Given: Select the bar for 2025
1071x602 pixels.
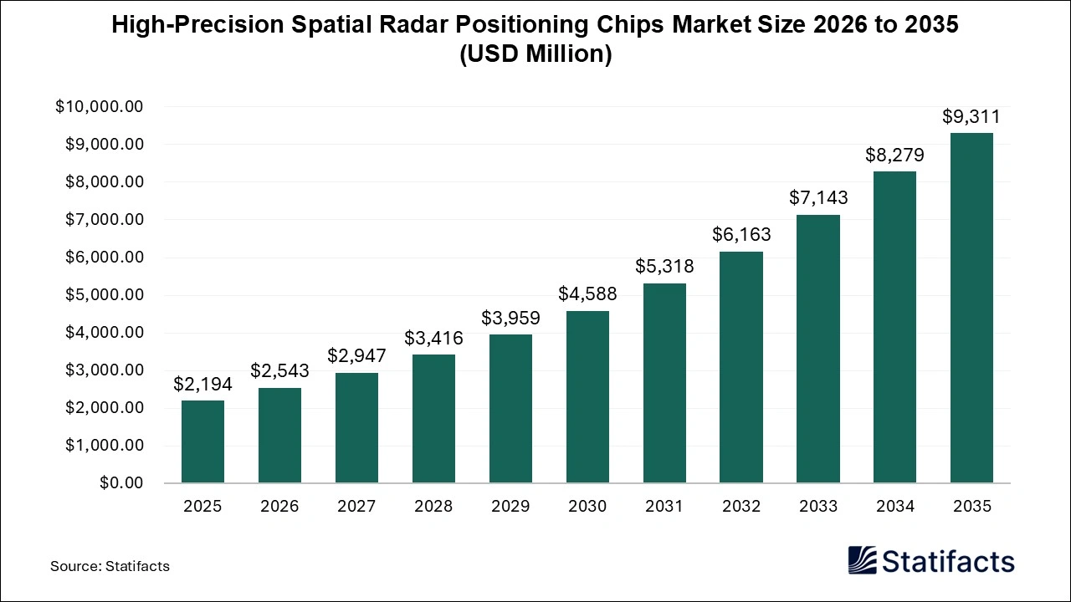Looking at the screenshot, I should point(202,441).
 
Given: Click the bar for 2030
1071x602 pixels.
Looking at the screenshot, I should point(587,397).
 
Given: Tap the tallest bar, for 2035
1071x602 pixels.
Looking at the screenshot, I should point(971,308).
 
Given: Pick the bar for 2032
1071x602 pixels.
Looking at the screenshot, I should point(741,367).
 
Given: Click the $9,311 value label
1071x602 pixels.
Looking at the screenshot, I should point(971,117).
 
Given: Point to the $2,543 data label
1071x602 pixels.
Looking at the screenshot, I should point(279,370).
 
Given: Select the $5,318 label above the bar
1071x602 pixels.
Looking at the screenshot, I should point(664,266).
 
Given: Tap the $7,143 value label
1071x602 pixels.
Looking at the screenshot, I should point(818,197).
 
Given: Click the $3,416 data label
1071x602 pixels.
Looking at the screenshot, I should point(433,338).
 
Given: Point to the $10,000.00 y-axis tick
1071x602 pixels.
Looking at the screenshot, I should point(100,107).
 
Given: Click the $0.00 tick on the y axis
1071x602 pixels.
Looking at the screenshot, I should point(121,483).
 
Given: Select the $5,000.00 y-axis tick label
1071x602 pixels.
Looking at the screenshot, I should point(104,295).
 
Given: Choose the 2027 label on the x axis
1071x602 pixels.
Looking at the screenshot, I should point(356,507).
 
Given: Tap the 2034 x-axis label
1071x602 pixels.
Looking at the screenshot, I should point(895,507).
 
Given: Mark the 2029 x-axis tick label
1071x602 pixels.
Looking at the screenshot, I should point(510,507).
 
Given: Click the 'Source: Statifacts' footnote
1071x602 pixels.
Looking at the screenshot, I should point(110,566).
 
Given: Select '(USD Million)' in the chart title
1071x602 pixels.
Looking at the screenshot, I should point(535,54).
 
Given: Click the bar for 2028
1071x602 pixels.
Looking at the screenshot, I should point(433,419).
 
